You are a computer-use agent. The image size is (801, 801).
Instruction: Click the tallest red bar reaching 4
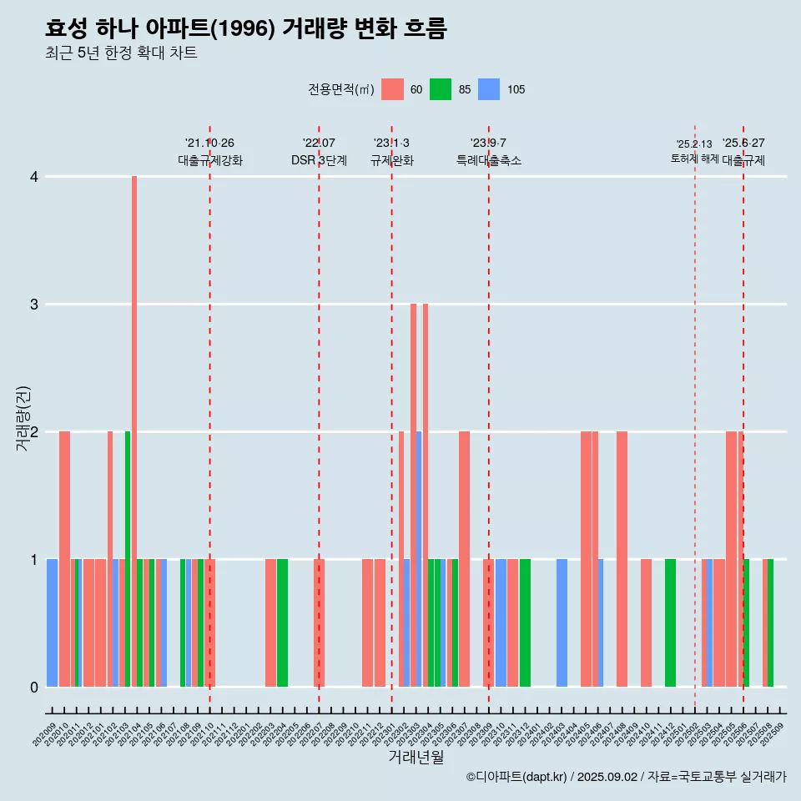(x=134, y=431)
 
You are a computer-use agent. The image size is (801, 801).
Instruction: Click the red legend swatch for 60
(x=392, y=89)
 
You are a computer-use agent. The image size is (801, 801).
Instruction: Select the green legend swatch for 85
(x=441, y=89)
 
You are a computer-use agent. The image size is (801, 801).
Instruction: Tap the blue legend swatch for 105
(x=489, y=89)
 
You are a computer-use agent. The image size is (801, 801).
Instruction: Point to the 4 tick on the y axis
(x=34, y=177)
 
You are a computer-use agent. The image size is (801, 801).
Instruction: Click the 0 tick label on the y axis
(x=34, y=688)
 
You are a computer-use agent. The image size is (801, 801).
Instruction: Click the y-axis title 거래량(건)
(x=23, y=417)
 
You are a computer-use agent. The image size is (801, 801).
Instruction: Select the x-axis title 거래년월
(x=416, y=757)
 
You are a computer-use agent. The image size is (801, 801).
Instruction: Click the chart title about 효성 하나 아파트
(x=246, y=28)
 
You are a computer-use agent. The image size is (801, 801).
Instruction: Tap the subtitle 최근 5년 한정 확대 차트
(x=121, y=53)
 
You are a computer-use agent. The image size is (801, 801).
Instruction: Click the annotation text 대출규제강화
(x=209, y=160)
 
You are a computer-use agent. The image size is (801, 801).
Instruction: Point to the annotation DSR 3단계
(x=319, y=160)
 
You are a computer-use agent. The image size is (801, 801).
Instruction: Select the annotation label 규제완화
(x=391, y=160)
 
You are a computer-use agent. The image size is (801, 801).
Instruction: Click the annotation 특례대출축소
(x=488, y=160)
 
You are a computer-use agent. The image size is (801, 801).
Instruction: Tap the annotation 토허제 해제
(x=694, y=159)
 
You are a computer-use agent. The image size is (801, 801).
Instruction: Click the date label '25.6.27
(x=743, y=144)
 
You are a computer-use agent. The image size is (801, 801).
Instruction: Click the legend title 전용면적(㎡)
(x=340, y=89)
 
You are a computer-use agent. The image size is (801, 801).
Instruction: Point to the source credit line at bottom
(x=626, y=777)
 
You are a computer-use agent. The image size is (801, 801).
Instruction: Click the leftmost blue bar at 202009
(x=52, y=622)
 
